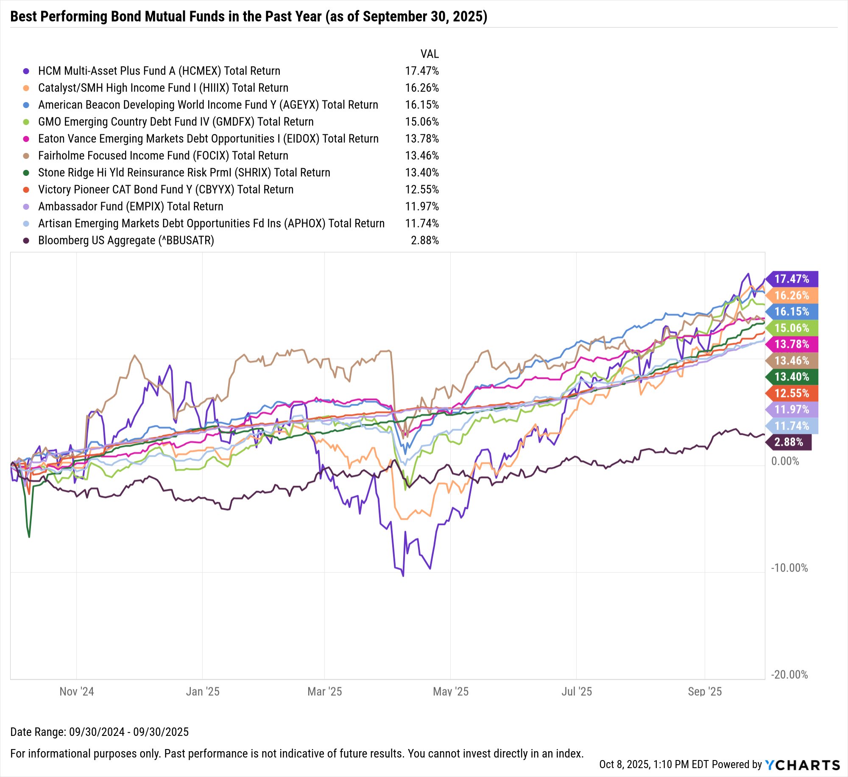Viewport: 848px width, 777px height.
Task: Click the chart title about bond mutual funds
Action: pyautogui.click(x=248, y=17)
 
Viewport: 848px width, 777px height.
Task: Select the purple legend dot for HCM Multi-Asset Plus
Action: pyautogui.click(x=26, y=71)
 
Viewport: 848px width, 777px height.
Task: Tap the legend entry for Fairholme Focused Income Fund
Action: pyautogui.click(x=163, y=156)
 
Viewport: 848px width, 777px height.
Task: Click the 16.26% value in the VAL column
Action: pyautogui.click(x=421, y=88)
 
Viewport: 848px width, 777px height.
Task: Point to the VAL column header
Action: pyautogui.click(x=429, y=54)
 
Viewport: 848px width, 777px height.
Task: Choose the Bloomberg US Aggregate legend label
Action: pyautogui.click(x=126, y=241)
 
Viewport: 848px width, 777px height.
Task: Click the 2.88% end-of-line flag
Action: pyautogui.click(x=789, y=442)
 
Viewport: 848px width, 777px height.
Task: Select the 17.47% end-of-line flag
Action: pyautogui.click(x=792, y=279)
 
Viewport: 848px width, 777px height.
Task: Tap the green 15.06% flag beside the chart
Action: pyautogui.click(x=792, y=328)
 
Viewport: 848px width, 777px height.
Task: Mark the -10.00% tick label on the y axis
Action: pyautogui.click(x=789, y=568)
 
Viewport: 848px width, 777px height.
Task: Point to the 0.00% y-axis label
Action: pyautogui.click(x=785, y=461)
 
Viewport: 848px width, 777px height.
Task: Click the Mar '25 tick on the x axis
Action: pyautogui.click(x=324, y=692)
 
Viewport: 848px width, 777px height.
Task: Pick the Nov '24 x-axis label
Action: pyautogui.click(x=76, y=692)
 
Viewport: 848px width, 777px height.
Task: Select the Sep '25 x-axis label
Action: pyautogui.click(x=704, y=692)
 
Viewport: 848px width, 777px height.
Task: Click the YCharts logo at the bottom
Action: pyautogui.click(x=802, y=765)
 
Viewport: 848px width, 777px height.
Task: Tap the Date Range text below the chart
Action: pyautogui.click(x=99, y=732)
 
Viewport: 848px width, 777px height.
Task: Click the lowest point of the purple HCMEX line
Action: pyautogui.click(x=403, y=576)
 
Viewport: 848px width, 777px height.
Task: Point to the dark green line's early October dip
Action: pyautogui.click(x=29, y=537)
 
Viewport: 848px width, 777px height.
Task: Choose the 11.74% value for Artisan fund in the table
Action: pyautogui.click(x=421, y=224)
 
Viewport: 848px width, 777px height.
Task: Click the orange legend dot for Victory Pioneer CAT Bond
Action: pyautogui.click(x=26, y=190)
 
